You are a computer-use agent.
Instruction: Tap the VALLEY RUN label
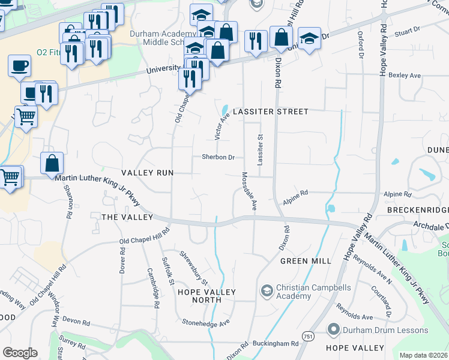[147, 172]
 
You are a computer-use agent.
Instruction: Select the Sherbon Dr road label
[217, 157]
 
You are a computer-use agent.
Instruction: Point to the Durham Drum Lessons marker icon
[334, 329]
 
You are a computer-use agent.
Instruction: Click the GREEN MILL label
[306, 261]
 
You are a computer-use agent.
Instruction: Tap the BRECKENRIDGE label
[418, 210]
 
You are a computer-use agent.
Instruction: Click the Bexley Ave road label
[405, 76]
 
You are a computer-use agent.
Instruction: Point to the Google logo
[20, 353]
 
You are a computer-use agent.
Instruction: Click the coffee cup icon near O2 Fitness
[20, 64]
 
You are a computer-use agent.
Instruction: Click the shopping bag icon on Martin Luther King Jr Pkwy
[52, 162]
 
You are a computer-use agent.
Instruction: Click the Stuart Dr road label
[406, 30]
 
